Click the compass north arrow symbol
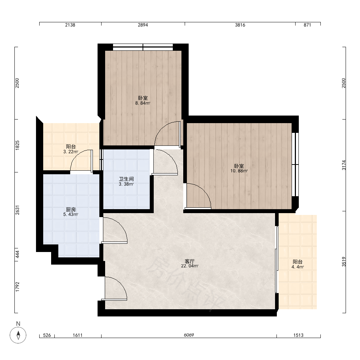click(x=18, y=335)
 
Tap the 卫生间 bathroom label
click(x=126, y=179)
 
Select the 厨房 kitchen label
click(x=71, y=210)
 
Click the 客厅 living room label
click(x=190, y=261)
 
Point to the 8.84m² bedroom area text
click(x=143, y=103)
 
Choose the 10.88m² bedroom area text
click(x=239, y=171)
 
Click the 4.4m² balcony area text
click(x=298, y=267)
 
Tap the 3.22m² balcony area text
click(x=71, y=152)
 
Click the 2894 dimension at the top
click(x=143, y=25)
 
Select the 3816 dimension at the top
click(x=240, y=25)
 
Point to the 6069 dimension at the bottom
click(x=189, y=335)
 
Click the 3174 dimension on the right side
click(x=344, y=165)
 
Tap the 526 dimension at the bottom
click(x=47, y=335)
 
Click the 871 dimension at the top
click(x=307, y=25)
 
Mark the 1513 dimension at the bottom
click(x=298, y=335)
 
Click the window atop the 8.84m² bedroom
click(x=143, y=47)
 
